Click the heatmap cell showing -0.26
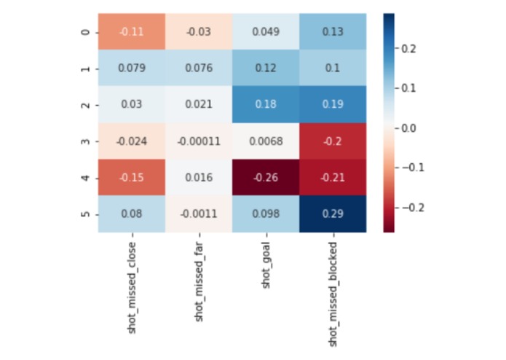click(265, 178)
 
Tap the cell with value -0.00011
click(198, 141)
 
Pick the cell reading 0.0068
click(265, 141)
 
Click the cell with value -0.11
click(132, 32)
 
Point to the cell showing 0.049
click(265, 32)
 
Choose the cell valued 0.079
click(132, 69)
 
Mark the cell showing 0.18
click(265, 105)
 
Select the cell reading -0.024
click(132, 141)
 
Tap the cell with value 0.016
click(198, 178)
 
